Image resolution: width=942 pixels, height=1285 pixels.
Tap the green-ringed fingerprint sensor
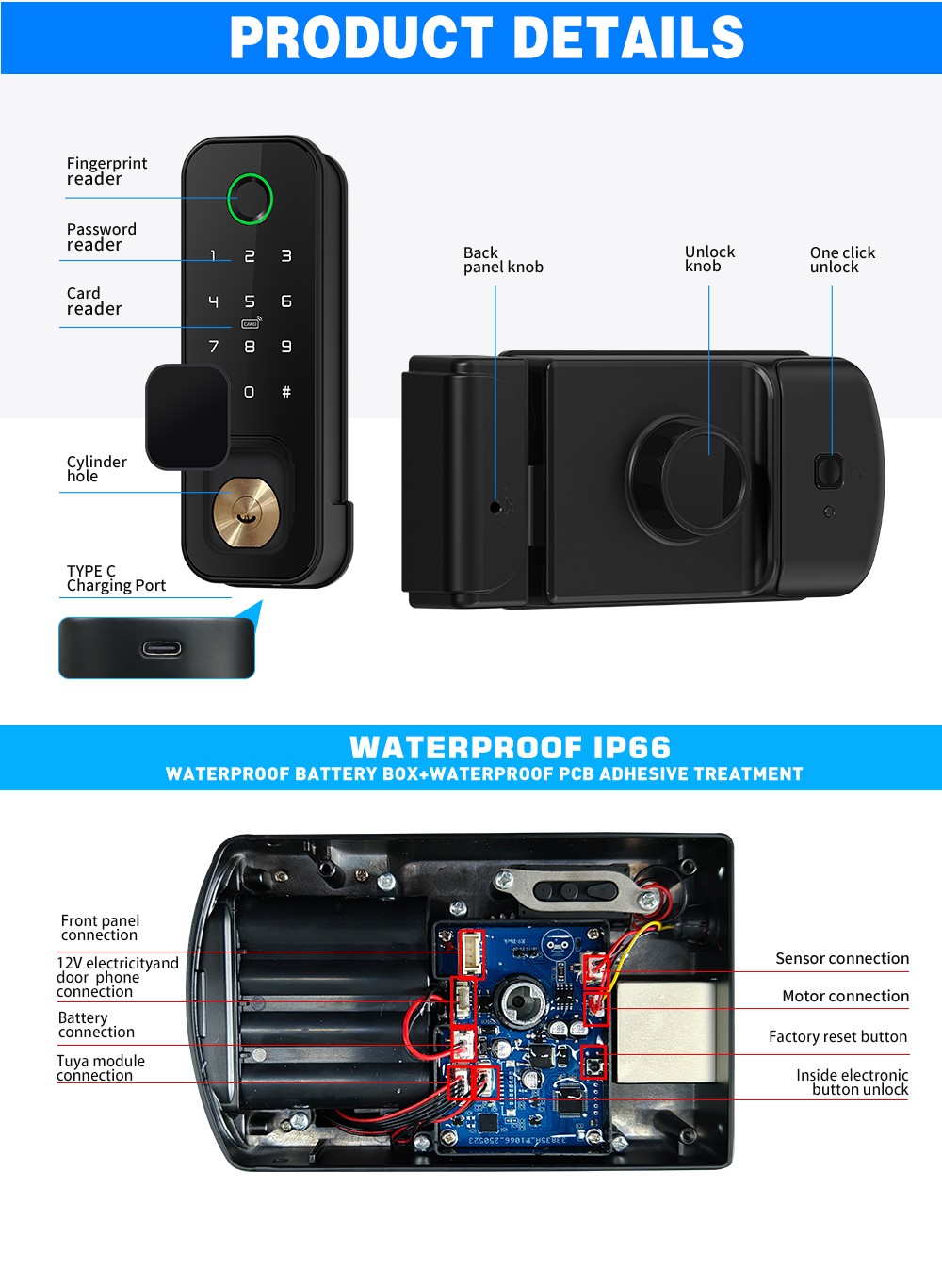[x=250, y=198]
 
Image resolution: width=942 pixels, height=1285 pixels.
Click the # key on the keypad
[x=286, y=392]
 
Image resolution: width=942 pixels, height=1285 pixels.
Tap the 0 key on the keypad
[x=249, y=392]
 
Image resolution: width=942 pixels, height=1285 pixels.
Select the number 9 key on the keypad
[x=286, y=347]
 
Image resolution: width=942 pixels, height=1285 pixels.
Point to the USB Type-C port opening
[x=161, y=648]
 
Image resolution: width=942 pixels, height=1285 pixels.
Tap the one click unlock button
[x=828, y=471]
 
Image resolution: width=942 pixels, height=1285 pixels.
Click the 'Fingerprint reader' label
[x=106, y=171]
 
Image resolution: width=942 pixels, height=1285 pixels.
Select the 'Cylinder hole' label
[x=96, y=468]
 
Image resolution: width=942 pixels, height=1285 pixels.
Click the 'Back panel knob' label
[x=503, y=259]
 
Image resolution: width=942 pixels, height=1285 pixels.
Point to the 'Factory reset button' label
[x=837, y=1036]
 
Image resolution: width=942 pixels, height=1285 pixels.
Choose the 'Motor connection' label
[x=845, y=996]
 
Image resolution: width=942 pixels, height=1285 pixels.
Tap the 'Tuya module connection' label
[x=100, y=1067]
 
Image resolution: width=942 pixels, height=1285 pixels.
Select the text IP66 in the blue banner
[x=632, y=747]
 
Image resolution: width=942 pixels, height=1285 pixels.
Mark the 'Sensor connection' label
[x=842, y=958]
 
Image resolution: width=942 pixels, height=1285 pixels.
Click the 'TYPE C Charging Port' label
[x=116, y=577]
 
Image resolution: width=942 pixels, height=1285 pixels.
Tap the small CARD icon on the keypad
[x=250, y=323]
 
